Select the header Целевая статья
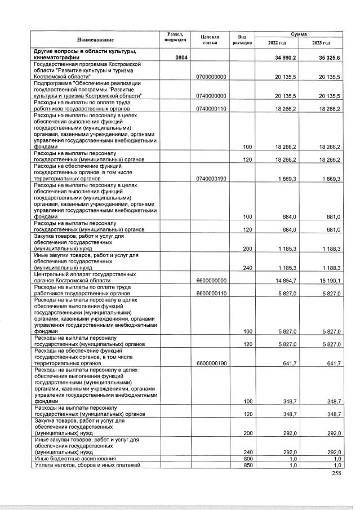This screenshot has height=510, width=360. (x=210, y=39)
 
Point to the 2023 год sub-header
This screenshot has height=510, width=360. (x=322, y=43)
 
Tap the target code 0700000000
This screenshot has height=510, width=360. (x=210, y=76)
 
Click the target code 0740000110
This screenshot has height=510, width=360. (x=210, y=109)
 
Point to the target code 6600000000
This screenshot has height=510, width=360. (x=210, y=280)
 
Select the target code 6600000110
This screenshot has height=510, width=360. (x=210, y=294)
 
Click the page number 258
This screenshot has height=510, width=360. (x=336, y=474)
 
